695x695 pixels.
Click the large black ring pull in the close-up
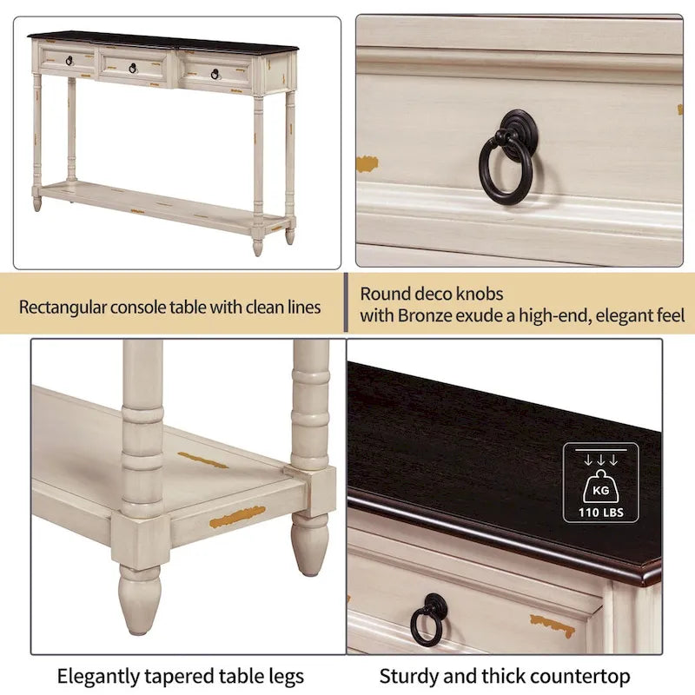point(506,170)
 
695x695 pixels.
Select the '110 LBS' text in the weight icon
point(600,512)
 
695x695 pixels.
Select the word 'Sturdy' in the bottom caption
point(407,676)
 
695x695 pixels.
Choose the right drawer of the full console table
point(215,71)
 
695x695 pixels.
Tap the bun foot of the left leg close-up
point(140,599)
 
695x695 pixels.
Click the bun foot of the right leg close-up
point(310,544)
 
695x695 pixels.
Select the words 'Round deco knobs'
point(431,294)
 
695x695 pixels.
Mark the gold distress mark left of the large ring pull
point(367,163)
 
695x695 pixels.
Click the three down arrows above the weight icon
point(600,460)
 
